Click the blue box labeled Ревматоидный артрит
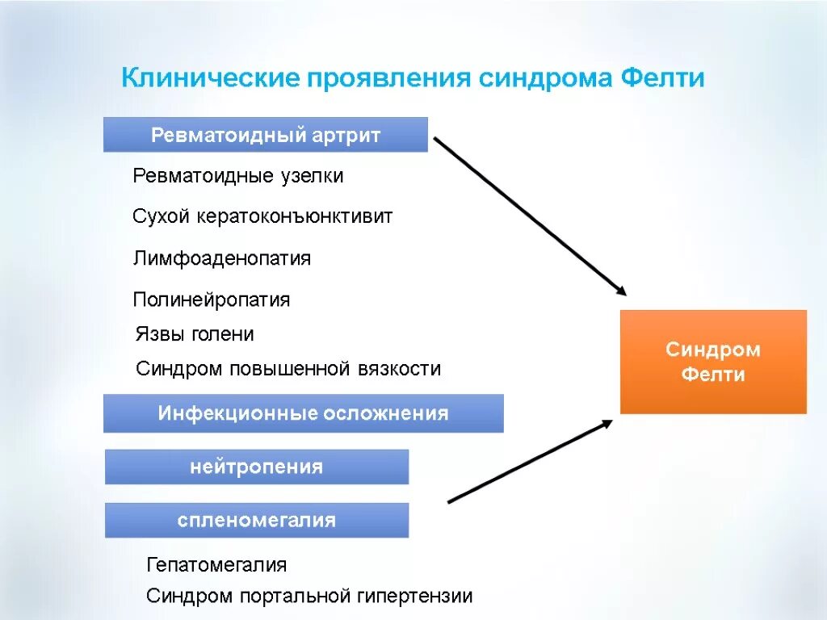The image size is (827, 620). [x=265, y=135]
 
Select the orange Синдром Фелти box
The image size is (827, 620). [x=712, y=362]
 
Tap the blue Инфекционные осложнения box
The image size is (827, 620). [x=303, y=414]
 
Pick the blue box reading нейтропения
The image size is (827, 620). [x=257, y=467]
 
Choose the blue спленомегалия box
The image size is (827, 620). [x=257, y=520]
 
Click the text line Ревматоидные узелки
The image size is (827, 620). [x=237, y=175]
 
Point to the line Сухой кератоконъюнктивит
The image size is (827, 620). [x=262, y=216]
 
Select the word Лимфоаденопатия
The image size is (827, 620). [x=221, y=258]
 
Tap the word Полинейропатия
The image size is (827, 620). [x=211, y=300]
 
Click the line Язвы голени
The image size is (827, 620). [x=194, y=334]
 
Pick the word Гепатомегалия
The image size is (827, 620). [x=216, y=564]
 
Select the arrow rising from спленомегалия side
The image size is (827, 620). [x=530, y=462]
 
